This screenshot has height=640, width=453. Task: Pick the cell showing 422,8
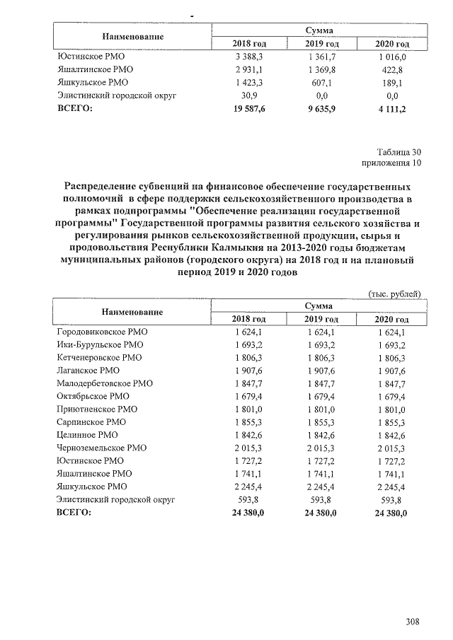click(391, 70)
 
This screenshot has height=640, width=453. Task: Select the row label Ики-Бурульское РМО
click(100, 344)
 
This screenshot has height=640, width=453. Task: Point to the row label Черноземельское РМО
click(101, 448)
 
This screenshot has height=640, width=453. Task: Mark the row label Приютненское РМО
click(97, 409)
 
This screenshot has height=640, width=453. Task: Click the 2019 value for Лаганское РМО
click(320, 370)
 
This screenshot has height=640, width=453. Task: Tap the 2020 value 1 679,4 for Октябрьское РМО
click(391, 396)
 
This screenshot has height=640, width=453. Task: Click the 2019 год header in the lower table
click(320, 320)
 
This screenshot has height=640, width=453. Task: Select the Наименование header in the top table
click(132, 37)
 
